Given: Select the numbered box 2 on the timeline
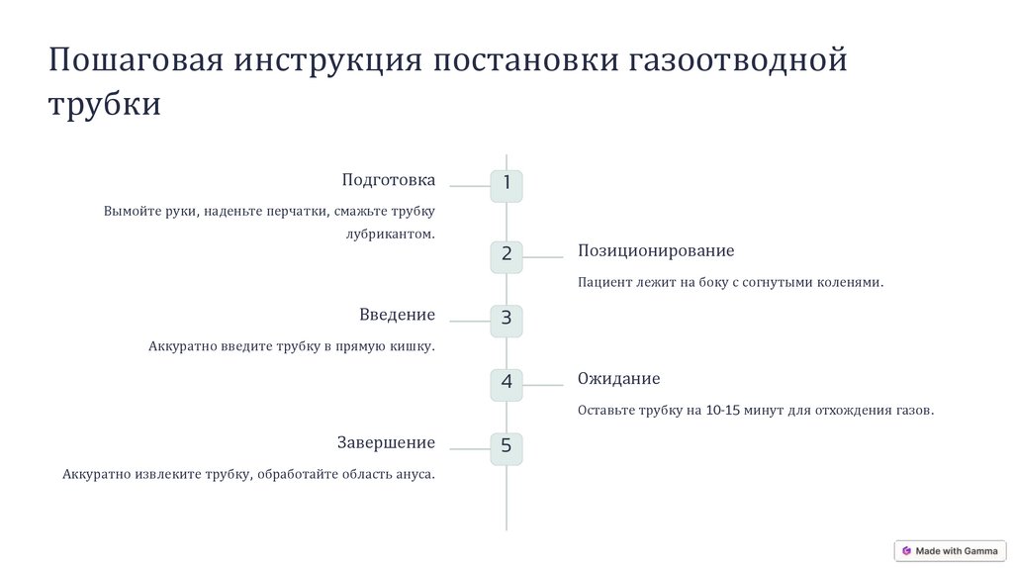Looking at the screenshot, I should point(506,255).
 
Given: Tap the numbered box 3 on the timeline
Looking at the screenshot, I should point(506,320).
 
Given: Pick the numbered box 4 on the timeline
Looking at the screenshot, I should point(506,384).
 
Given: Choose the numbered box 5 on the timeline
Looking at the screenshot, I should point(506,447).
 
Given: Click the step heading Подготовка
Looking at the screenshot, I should point(388,180).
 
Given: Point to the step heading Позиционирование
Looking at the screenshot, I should point(656,251).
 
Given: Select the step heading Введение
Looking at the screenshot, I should point(397,315).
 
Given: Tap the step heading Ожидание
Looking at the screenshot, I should point(618,379).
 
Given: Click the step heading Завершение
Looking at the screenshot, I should point(386,442).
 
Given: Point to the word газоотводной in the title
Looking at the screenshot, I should point(737,60).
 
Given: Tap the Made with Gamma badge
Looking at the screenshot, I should point(950,551).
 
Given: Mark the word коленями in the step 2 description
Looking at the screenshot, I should point(848,282).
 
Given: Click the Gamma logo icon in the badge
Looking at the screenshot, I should point(906,551).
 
